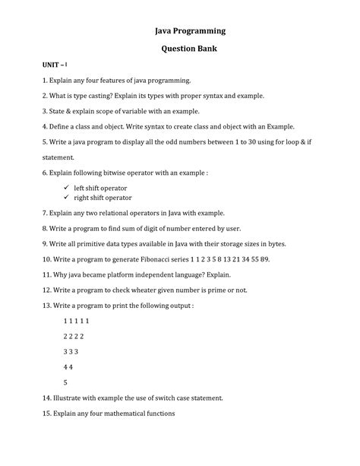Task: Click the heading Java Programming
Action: pos(180,32)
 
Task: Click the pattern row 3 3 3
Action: pos(71,353)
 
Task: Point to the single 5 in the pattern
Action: pos(65,383)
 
